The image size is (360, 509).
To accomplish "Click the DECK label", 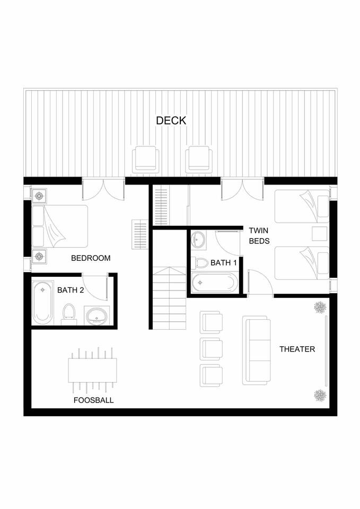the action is [171, 120].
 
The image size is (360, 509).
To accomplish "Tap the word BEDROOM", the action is [91, 258].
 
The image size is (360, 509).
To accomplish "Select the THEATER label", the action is [297, 349].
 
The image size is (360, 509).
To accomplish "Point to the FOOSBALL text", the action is [93, 400].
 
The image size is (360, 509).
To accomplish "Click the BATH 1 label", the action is [224, 262].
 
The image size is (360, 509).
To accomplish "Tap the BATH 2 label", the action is [71, 290].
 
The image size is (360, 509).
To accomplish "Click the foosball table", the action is [92, 371].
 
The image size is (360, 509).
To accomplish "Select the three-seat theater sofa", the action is [257, 350].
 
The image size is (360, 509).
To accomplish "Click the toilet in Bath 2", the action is [68, 314].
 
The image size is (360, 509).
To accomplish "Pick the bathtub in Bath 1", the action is [213, 283].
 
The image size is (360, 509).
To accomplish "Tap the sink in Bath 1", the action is [198, 240].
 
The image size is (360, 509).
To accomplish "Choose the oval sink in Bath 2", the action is [96, 315].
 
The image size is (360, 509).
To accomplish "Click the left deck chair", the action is [146, 160].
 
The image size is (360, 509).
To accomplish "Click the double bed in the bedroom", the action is [60, 226].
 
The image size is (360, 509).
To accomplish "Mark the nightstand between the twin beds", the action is [319, 234].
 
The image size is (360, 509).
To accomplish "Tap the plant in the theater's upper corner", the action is [320, 307].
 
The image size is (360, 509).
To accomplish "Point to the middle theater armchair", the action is [212, 349].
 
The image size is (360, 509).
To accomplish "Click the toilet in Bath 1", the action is [200, 262].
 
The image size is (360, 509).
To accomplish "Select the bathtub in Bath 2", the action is [43, 303].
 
